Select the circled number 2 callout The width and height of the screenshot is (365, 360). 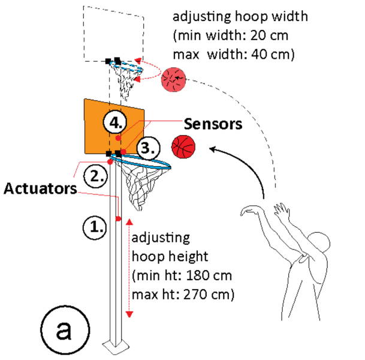click(93, 176)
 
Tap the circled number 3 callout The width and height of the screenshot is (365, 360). click(147, 148)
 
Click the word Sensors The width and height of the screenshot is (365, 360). click(212, 124)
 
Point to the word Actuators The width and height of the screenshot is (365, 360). click(40, 189)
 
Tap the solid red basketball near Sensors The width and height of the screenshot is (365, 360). click(184, 146)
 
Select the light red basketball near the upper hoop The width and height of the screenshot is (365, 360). click(174, 80)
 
